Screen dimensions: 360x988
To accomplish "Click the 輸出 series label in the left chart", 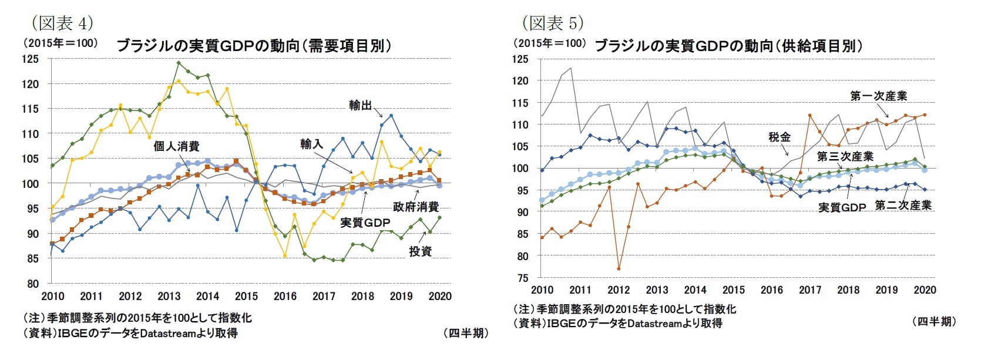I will pos(360,105).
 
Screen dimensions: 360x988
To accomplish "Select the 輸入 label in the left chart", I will pos(311,144).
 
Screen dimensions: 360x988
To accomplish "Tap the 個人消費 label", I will pos(176,146).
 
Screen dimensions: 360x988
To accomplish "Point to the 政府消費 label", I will pos(416,207).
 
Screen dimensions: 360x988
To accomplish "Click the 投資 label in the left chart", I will pos(421,251).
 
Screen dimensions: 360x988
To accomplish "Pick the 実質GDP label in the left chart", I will pos(365,223).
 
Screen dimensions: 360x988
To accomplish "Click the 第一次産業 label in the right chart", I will pos(878,96).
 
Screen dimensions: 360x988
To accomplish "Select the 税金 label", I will pos(779,137).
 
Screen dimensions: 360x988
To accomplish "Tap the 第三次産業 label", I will pos(845,157).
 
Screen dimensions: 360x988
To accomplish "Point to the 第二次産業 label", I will pos(903,206).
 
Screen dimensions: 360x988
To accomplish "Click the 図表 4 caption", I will pos(62,23).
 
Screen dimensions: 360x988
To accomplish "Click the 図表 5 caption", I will pos(552,23).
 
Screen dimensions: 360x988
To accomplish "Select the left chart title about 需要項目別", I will pos(254,46).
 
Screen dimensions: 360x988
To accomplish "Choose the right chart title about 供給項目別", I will pos(728,46).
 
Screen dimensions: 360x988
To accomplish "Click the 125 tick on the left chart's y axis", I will pos(31,59).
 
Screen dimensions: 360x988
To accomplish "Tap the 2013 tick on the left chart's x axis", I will pos(169,296).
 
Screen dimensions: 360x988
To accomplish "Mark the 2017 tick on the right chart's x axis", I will pos(810,290).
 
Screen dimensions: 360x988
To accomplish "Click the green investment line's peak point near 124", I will pos(179,63).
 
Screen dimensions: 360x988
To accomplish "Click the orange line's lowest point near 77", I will pos(619,269).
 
